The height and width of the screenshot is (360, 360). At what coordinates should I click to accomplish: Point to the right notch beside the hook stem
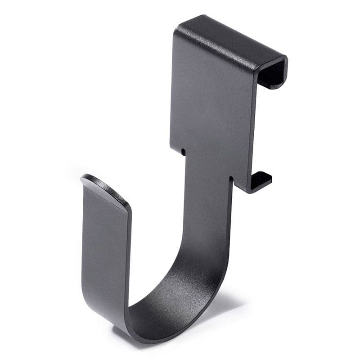tap(232, 180)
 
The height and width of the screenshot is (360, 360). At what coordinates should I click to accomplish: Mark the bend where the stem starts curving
tap(202, 252)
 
